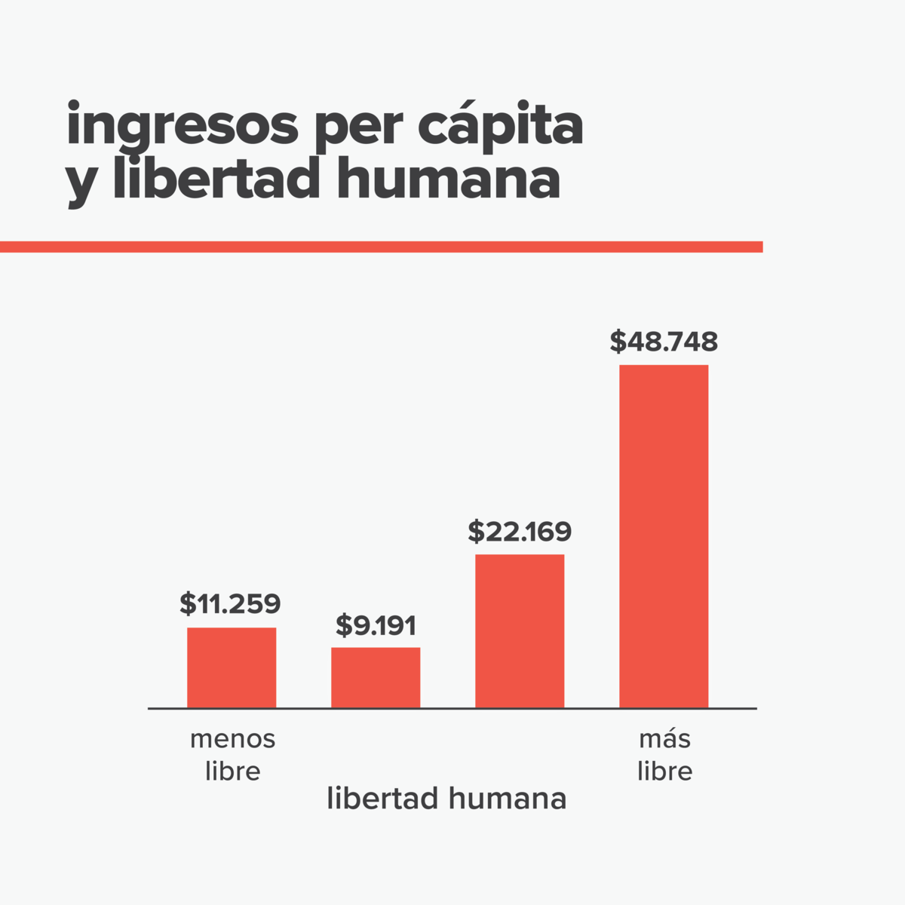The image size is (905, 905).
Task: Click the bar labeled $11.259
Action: point(232,667)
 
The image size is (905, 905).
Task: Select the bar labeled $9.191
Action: point(376,677)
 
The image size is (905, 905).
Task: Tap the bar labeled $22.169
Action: point(520,631)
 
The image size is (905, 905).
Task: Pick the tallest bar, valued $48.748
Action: point(664,536)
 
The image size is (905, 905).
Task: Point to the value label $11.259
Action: point(230,604)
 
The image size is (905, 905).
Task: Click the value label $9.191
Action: point(376,625)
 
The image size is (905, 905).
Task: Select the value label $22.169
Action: point(520,532)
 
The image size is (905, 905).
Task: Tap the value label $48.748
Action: point(664,342)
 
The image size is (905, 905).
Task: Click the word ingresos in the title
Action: point(182,126)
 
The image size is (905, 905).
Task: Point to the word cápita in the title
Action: point(500,126)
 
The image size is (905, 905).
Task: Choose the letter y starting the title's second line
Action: point(79,183)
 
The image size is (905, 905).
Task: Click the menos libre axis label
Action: point(232,755)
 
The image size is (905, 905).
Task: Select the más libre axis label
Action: point(664,755)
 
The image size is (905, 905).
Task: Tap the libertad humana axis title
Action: point(446,799)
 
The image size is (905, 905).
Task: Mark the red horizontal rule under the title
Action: point(381,247)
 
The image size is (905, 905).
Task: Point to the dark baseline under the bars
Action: point(452,709)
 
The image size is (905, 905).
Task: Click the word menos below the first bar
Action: point(232,739)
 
